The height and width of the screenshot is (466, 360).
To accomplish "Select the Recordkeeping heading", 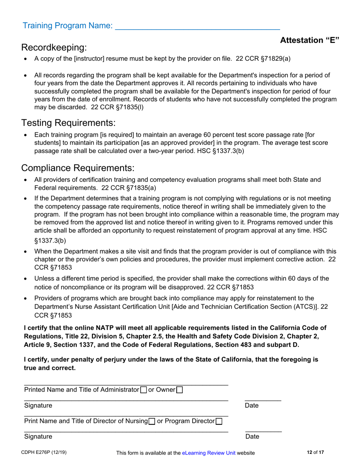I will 54,48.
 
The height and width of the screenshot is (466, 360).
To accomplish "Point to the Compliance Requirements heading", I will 78,167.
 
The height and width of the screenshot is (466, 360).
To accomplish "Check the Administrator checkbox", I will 143,389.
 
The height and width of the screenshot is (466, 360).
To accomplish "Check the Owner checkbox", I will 180,389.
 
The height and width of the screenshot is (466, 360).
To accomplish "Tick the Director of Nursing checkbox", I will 152,421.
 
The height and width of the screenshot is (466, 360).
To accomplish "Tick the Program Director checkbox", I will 219,421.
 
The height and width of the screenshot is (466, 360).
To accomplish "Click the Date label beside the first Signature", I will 251,405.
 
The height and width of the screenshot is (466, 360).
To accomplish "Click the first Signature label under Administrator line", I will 38,405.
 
